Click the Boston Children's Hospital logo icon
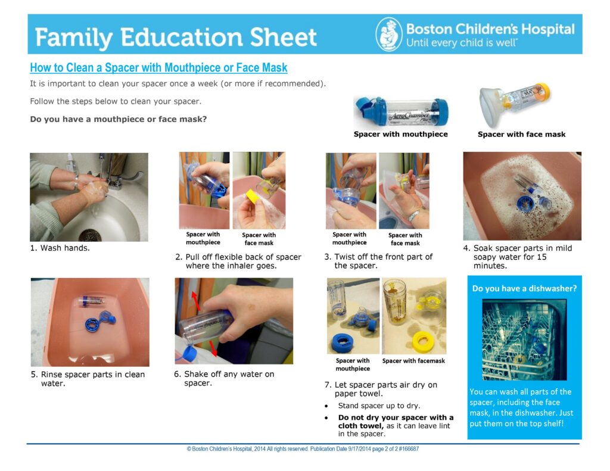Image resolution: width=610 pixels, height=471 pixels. (x=389, y=34)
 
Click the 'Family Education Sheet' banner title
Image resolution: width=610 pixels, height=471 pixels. (x=176, y=38)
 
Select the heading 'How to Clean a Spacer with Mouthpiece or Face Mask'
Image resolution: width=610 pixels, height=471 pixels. (x=158, y=68)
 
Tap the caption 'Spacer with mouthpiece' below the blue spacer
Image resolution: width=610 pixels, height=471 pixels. (x=400, y=135)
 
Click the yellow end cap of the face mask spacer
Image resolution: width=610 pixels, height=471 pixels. (x=543, y=92)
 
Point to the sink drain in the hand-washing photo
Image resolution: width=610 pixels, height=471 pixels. (x=90, y=234)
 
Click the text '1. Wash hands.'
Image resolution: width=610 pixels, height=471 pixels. (x=60, y=248)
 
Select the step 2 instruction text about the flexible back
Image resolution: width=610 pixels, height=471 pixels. (x=238, y=261)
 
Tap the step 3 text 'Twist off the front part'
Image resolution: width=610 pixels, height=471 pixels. (x=378, y=261)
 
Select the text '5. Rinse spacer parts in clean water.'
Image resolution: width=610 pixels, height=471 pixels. (x=88, y=379)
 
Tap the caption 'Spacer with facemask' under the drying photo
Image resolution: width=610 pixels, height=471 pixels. (x=413, y=361)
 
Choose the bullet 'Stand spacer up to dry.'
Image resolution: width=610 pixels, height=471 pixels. (x=379, y=406)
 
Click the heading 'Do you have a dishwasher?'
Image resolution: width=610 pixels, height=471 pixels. (x=524, y=288)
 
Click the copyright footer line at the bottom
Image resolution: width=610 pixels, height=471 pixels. (x=303, y=449)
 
